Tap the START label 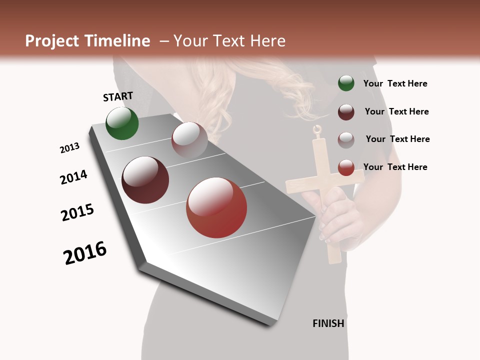click(118, 96)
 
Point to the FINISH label click(328, 323)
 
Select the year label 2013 click(70, 148)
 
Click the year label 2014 click(73, 177)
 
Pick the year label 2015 click(77, 213)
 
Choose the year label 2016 click(85, 253)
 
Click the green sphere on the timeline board click(122, 123)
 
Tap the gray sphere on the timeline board click(189, 139)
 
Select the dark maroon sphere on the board click(145, 180)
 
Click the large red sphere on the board click(216, 207)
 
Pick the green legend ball click(346, 83)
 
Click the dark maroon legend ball click(346, 112)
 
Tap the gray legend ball click(346, 139)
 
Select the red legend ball click(346, 167)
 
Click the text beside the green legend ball click(395, 84)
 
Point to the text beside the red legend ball click(395, 167)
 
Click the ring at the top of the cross click(316, 130)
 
